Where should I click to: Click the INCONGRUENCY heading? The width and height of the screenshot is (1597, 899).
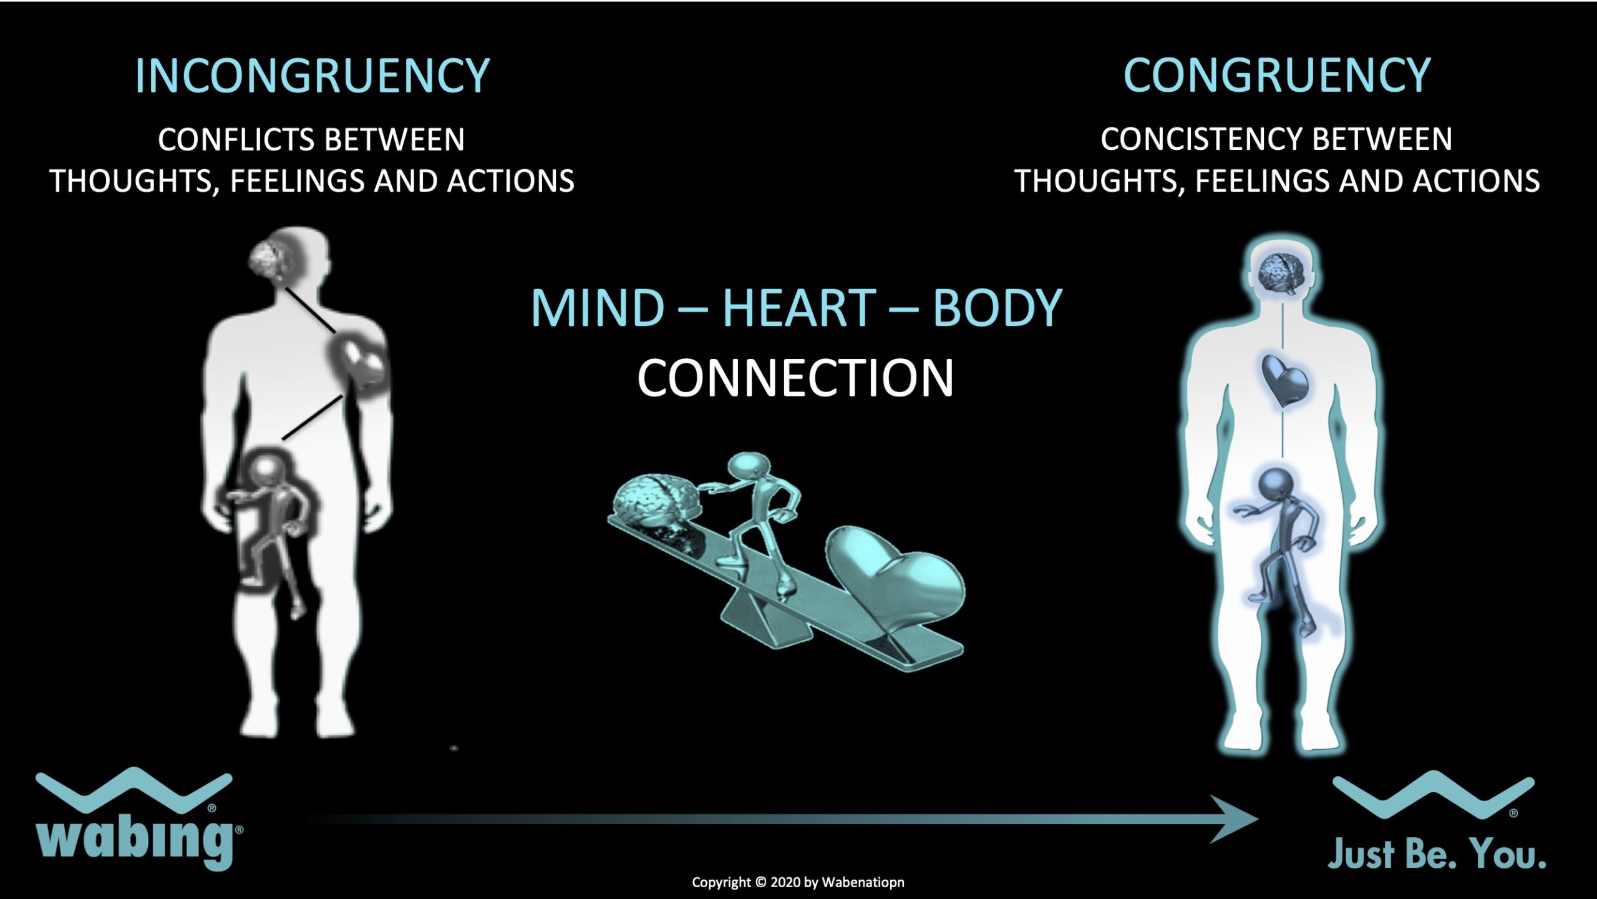click(x=312, y=76)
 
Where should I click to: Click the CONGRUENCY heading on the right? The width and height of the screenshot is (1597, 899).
click(x=1277, y=76)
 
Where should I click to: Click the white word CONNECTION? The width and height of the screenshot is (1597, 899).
click(x=795, y=378)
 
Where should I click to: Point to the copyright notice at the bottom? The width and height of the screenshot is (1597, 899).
click(x=798, y=882)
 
